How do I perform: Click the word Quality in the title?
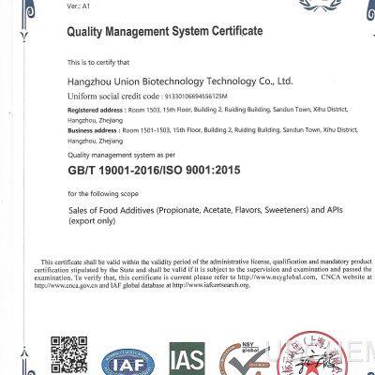coord(89,32)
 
